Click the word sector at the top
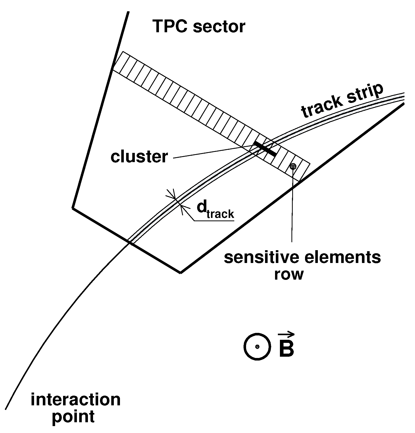click(x=219, y=27)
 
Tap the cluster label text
click(x=139, y=156)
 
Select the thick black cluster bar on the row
click(x=265, y=149)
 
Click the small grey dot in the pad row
click(x=293, y=166)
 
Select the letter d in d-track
click(x=202, y=207)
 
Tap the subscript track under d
click(x=220, y=214)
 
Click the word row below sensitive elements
click(x=289, y=274)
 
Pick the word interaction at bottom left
click(x=75, y=400)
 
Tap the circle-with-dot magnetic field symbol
click(x=257, y=347)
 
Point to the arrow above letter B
click(x=286, y=334)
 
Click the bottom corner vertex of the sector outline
click(x=181, y=272)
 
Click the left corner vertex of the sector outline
click(x=73, y=208)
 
